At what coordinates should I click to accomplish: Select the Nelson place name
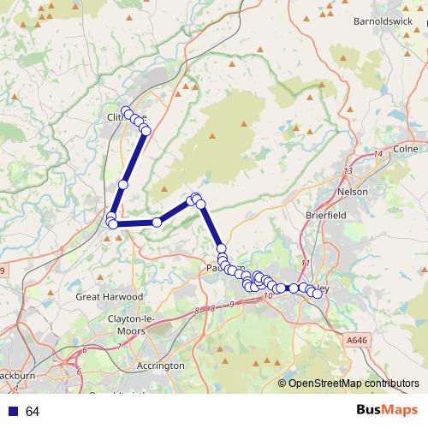pyautogui.click(x=354, y=192)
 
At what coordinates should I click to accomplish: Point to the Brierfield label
pyautogui.click(x=325, y=216)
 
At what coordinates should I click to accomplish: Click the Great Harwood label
pyautogui.click(x=106, y=297)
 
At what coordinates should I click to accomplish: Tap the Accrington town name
pyautogui.click(x=160, y=366)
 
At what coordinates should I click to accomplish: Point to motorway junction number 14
pyautogui.click(x=377, y=153)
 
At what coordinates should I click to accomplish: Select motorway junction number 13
pyautogui.click(x=347, y=171)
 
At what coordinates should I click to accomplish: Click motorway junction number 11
pyautogui.click(x=306, y=263)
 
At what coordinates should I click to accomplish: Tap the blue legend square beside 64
pyautogui.click(x=12, y=412)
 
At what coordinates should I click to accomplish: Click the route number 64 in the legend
pyautogui.click(x=33, y=412)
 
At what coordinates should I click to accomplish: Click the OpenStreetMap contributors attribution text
pyautogui.click(x=353, y=384)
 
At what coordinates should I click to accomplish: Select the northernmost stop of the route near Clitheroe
pyautogui.click(x=127, y=111)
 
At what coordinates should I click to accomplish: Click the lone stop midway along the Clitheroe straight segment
pyautogui.click(x=123, y=184)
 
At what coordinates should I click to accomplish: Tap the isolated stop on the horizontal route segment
pyautogui.click(x=157, y=223)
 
